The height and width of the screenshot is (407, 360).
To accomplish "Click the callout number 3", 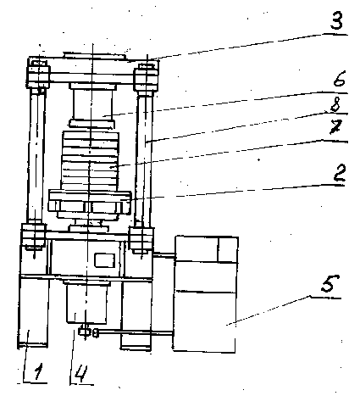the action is click(336, 20).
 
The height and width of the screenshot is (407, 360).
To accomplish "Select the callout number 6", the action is click(340, 78).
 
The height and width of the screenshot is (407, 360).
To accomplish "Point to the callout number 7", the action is click(336, 127).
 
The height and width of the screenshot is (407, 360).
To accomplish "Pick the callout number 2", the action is click(340, 173).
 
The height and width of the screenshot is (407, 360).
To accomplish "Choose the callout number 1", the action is click(38, 372).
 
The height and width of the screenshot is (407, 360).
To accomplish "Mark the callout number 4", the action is click(81, 374).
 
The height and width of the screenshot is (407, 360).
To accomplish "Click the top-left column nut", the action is click(38, 76).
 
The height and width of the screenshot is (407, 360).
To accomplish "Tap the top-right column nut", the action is click(146, 79).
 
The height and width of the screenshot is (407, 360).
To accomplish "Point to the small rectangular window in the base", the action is click(104, 260).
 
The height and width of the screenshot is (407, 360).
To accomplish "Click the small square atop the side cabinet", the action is click(228, 249).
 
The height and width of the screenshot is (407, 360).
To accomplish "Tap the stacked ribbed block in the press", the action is click(91, 160).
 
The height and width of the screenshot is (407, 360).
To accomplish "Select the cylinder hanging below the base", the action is click(86, 304).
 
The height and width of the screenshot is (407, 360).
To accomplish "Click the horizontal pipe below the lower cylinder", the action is click(135, 333).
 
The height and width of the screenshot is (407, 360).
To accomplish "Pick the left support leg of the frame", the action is click(33, 312).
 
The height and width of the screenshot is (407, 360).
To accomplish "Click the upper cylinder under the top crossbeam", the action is click(92, 103).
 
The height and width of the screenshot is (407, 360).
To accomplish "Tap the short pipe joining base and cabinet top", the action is click(164, 255).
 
